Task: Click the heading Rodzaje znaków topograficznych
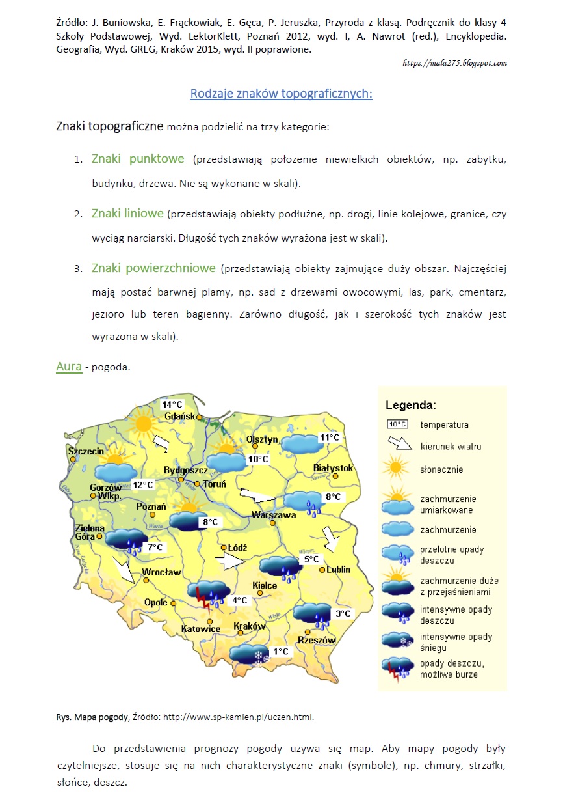pyautogui.click(x=281, y=94)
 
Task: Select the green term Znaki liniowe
pyautogui.click(x=127, y=214)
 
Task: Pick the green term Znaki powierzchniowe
pyautogui.click(x=153, y=268)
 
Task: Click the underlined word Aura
pyautogui.click(x=69, y=367)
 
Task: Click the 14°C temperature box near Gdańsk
pyautogui.click(x=172, y=404)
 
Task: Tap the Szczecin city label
pyautogui.click(x=86, y=451)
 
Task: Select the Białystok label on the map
pyautogui.click(x=333, y=468)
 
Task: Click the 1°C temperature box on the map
pyautogui.click(x=280, y=652)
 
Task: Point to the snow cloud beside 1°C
pyautogui.click(x=250, y=653)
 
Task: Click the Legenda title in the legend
pyautogui.click(x=411, y=405)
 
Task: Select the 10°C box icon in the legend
pyautogui.click(x=397, y=424)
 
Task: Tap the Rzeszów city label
pyautogui.click(x=317, y=640)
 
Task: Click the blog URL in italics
pyautogui.click(x=454, y=63)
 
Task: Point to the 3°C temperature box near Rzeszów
pyautogui.click(x=343, y=613)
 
